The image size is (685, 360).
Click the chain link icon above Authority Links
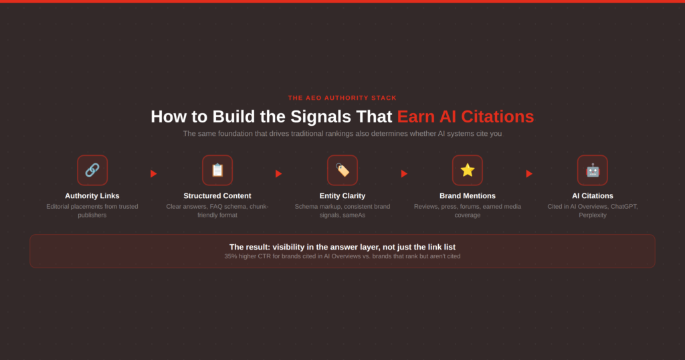point(92,170)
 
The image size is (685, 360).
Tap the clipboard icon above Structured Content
point(217,170)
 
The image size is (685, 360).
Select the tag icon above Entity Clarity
point(342,170)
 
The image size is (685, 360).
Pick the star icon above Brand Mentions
point(468,170)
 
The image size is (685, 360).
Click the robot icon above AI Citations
point(593,171)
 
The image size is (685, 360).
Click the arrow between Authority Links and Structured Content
point(154,174)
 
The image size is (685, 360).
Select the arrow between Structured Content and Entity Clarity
point(279,174)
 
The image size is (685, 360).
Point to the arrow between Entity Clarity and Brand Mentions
point(404,174)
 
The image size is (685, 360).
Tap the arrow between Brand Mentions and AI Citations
point(529,174)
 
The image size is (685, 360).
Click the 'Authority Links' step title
point(92,196)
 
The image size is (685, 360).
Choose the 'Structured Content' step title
point(217,196)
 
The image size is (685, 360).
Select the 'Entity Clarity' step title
point(342,196)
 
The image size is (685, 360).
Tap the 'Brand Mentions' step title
point(468,196)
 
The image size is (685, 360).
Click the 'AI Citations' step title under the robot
point(593,196)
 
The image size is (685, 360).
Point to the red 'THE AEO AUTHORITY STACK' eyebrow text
point(342,98)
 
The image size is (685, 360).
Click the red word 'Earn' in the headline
point(416,116)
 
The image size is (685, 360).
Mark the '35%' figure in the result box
point(231,256)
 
